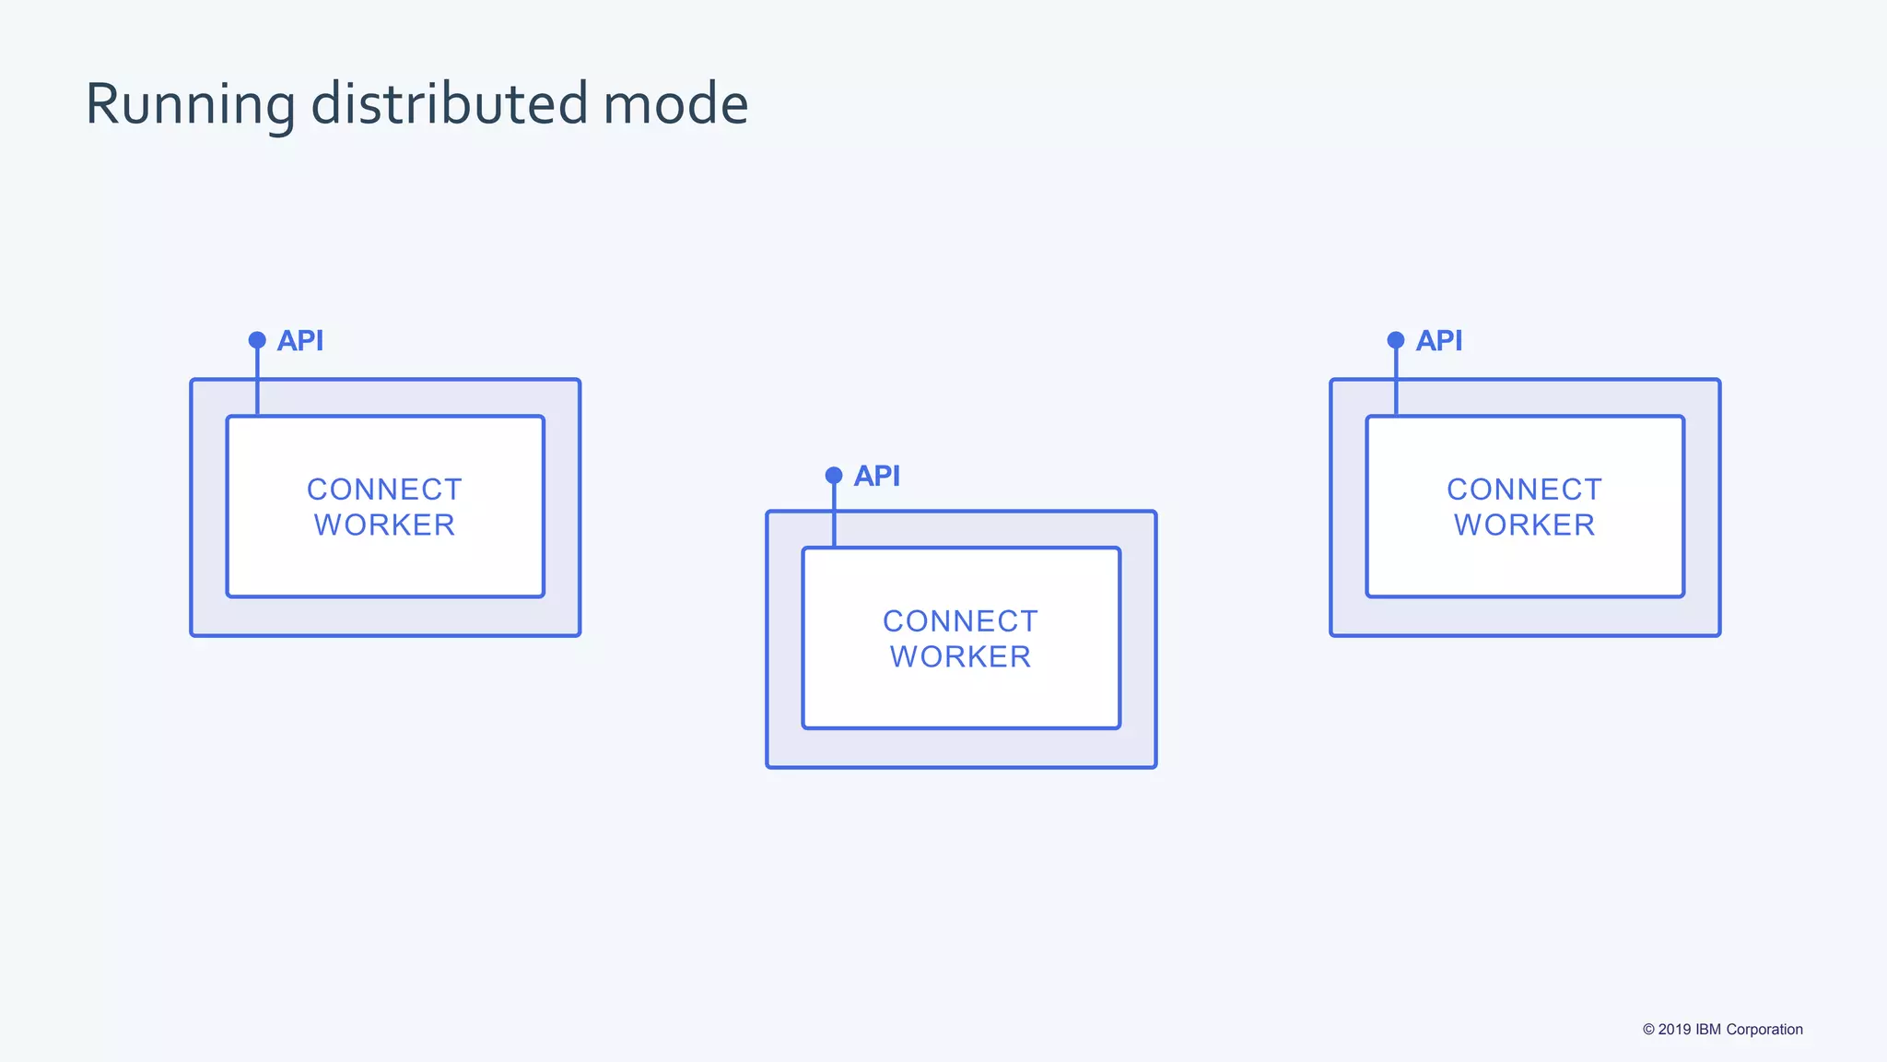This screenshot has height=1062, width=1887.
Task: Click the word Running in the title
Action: coord(190,105)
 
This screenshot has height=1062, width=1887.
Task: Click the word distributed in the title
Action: coord(449,103)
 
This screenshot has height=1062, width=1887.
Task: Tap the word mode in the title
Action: coord(675,105)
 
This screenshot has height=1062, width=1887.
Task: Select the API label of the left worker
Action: coord(300,341)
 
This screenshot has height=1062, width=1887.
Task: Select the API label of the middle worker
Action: coord(877,477)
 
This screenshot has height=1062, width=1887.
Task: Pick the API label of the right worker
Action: coord(1439,341)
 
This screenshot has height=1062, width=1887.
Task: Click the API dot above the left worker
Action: coord(257,340)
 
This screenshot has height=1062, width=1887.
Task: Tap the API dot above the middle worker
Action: coord(834,476)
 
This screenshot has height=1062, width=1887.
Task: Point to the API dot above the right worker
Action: coord(1396,340)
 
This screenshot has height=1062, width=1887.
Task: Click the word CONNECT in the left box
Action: coord(384,490)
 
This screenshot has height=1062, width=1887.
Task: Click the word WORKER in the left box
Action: coord(384,525)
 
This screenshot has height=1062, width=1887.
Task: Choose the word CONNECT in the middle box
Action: coord(960,621)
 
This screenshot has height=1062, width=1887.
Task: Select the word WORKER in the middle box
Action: coord(960,657)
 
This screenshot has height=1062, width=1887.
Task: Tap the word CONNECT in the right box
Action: coord(1524,490)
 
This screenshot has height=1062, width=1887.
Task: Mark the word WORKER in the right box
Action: coord(1524,525)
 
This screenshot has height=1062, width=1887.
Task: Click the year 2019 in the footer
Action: coord(1674,1030)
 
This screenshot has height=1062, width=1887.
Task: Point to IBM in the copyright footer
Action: coord(1708,1030)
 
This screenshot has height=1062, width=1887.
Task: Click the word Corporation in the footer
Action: coord(1764,1030)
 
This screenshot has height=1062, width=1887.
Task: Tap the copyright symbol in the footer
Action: coord(1648,1030)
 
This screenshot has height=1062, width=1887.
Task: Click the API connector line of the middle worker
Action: coord(834,516)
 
